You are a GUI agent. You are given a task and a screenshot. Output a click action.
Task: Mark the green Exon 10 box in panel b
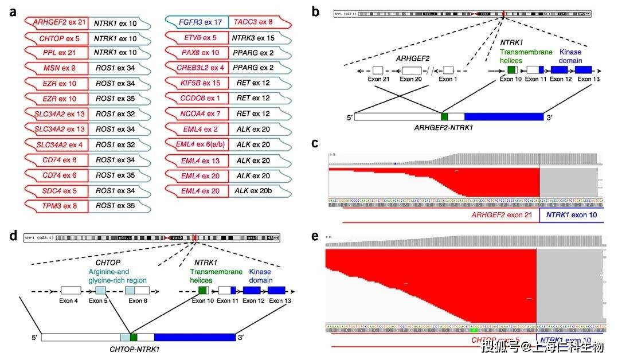[x=511, y=69]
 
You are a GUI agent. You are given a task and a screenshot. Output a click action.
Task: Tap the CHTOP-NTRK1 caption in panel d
[x=135, y=349]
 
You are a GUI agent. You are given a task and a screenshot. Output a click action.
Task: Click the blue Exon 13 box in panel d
[x=277, y=290]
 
